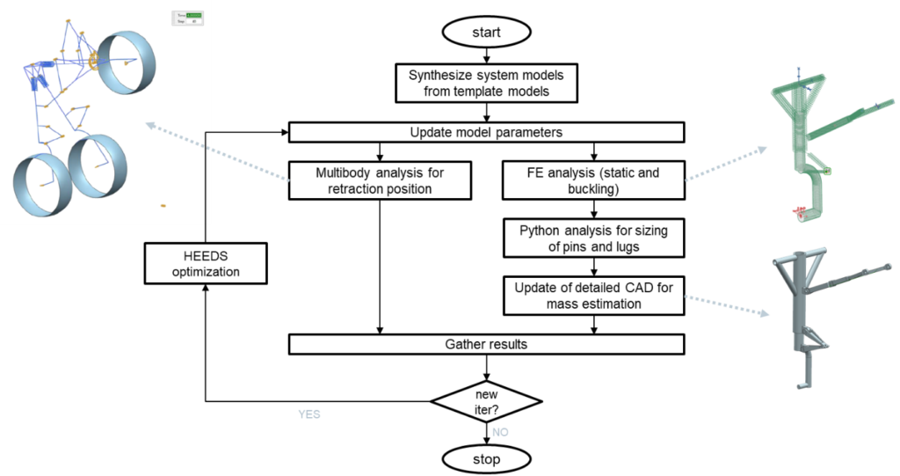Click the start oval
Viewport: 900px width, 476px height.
point(486,33)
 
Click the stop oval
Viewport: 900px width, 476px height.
point(486,459)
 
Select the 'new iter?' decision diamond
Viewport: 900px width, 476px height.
point(486,401)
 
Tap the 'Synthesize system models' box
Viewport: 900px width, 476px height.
point(486,83)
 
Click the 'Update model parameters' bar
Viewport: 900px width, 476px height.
point(486,133)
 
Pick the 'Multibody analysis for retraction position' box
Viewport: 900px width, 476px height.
point(380,180)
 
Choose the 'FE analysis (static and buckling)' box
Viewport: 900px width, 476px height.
point(593,180)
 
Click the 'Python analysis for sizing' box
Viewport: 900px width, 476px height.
point(593,238)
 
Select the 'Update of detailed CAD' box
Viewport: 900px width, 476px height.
point(593,296)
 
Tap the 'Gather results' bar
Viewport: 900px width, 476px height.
point(486,344)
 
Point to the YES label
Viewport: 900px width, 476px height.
point(309,413)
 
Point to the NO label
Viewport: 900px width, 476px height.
point(500,432)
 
